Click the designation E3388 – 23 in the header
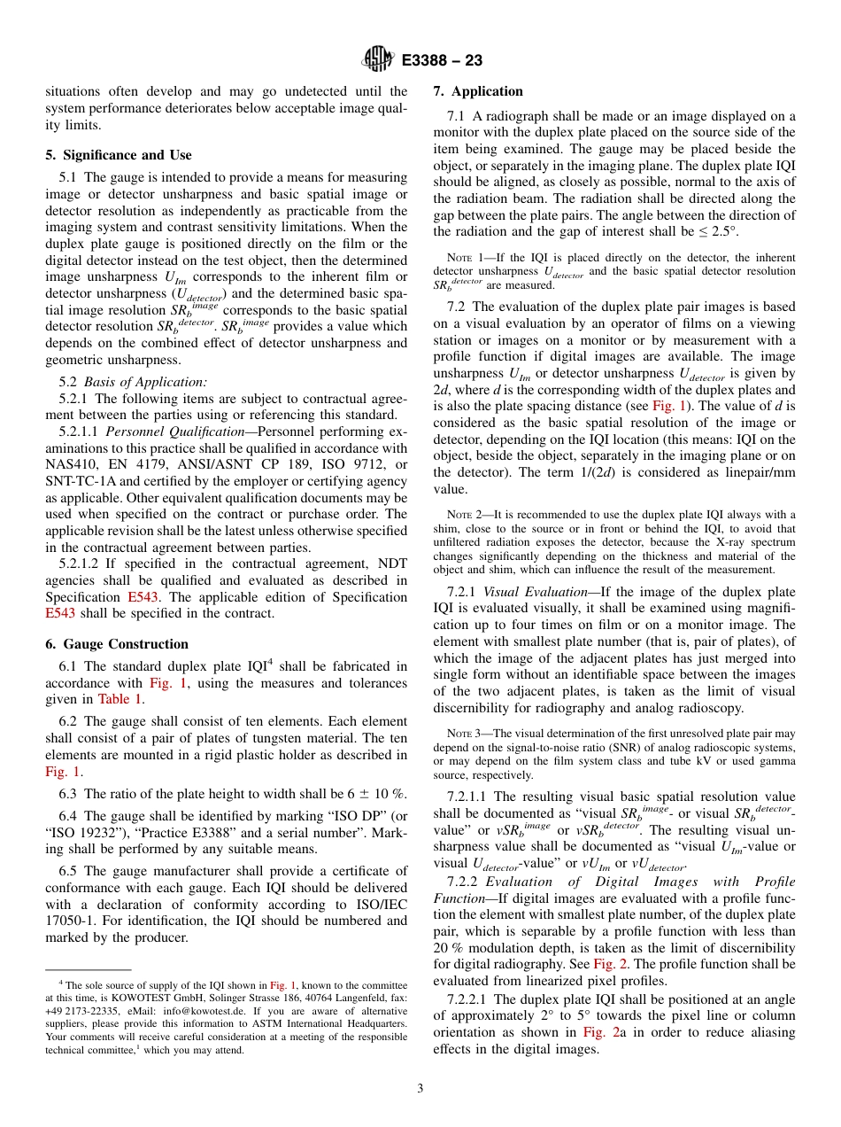tap(442, 61)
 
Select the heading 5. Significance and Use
tap(119, 155)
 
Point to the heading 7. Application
tap(478, 91)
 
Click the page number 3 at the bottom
tap(420, 1089)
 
